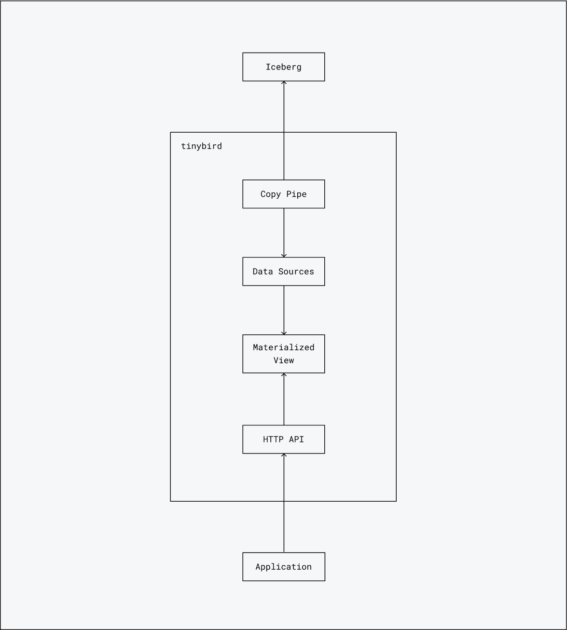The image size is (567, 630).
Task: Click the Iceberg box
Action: [283, 67]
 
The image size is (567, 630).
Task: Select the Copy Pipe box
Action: [283, 194]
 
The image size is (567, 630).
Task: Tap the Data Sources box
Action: [283, 272]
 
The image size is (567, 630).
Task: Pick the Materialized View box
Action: [283, 354]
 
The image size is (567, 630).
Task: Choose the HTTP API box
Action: [283, 439]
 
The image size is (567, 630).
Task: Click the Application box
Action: [283, 567]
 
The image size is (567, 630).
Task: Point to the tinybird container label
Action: [201, 146]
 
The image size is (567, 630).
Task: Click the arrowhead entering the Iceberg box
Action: [284, 83]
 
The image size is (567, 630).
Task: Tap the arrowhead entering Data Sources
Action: [284, 255]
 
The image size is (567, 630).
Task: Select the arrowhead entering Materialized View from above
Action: [284, 332]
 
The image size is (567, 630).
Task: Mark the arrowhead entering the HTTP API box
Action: [284, 455]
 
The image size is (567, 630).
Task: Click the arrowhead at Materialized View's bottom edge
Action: [284, 375]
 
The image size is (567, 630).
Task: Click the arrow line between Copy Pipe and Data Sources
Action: [284, 232]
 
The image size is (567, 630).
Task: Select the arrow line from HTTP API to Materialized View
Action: [284, 399]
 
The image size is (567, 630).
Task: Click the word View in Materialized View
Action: [283, 360]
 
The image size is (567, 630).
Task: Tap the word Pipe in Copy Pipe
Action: [296, 194]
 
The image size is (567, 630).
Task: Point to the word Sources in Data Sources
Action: [296, 272]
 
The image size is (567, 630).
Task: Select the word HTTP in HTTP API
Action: [273, 439]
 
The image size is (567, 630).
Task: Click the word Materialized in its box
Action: [283, 347]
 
